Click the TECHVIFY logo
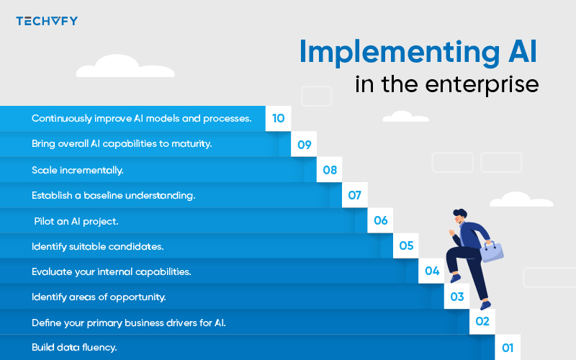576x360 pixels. (x=46, y=21)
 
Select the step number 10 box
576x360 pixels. (x=279, y=119)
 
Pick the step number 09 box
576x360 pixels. (x=305, y=145)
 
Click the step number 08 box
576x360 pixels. (x=330, y=170)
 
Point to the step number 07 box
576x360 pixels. (x=355, y=195)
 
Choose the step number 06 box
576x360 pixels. (x=380, y=220)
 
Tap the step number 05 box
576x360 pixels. (x=406, y=246)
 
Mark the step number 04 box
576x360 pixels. (x=432, y=271)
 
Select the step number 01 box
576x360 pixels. (x=508, y=348)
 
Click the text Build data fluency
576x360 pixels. (x=74, y=348)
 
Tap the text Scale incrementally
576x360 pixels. (x=78, y=170)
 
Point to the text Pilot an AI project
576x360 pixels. (x=76, y=221)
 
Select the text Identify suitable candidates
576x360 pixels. (x=98, y=246)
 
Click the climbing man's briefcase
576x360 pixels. (x=492, y=251)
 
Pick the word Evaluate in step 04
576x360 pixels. (x=51, y=272)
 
